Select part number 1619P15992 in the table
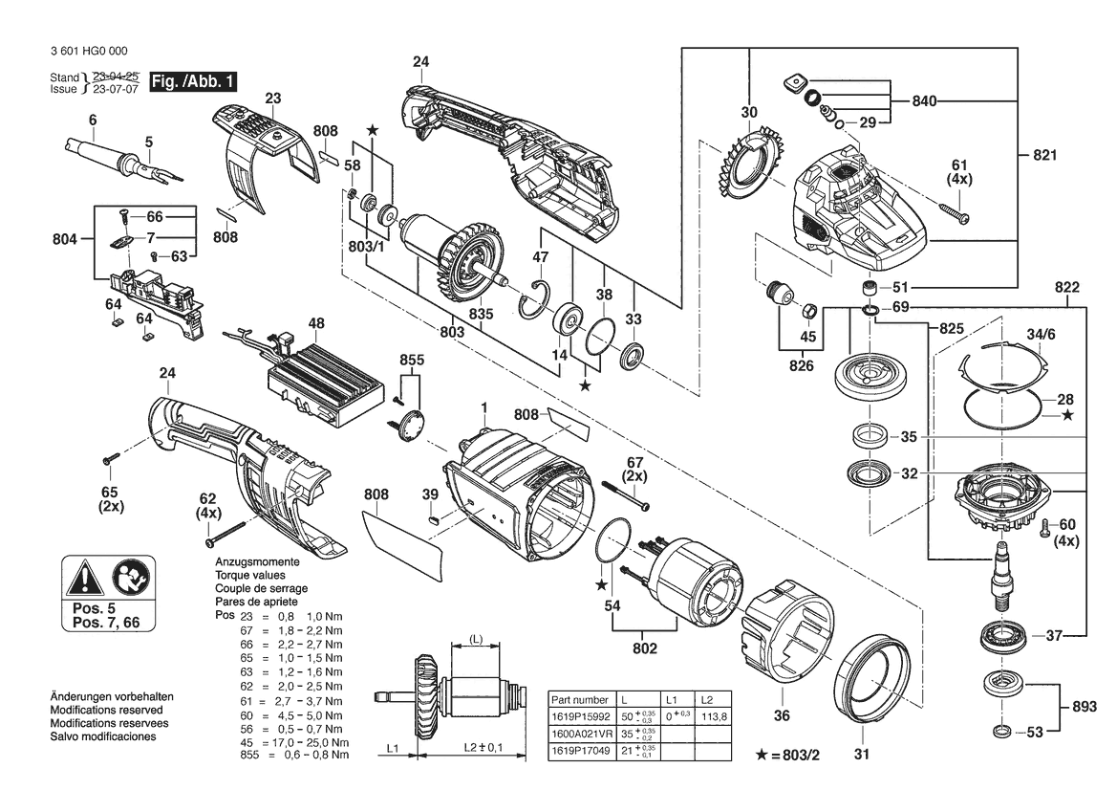581,716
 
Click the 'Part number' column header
581,700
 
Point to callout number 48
314,324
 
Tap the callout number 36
782,715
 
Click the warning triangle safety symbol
85,579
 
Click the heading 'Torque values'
247,576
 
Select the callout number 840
924,101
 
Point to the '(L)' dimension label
476,638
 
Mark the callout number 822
1067,287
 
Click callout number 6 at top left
93,120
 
